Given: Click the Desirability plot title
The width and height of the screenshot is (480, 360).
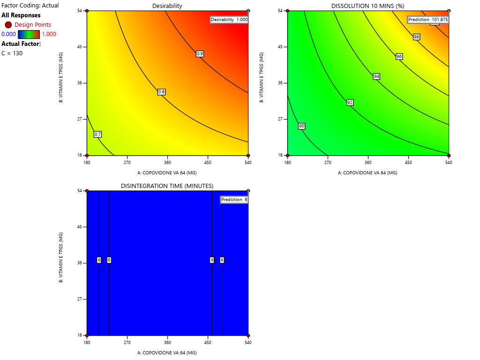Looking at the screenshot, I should (167, 6).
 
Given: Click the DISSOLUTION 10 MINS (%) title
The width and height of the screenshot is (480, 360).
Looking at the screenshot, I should (367, 6).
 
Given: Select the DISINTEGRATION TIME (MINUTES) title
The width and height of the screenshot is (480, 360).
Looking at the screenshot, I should (167, 186).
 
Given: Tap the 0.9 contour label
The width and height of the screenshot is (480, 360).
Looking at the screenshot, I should (200, 54).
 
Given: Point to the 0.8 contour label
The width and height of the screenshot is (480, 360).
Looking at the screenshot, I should (161, 92).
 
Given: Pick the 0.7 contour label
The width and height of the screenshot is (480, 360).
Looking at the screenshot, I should (98, 135).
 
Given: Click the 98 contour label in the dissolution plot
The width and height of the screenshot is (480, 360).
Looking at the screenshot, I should (416, 37).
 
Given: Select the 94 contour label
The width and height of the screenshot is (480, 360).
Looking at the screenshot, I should (376, 76).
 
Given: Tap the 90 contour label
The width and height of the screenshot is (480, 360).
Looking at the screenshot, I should (301, 126).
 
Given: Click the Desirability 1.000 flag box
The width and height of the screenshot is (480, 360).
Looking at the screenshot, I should (229, 20).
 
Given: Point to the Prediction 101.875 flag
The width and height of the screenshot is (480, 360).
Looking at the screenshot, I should (428, 20).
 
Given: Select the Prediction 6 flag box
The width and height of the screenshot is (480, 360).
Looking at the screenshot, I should (234, 200).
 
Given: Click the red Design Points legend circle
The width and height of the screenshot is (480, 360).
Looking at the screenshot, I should (8, 24).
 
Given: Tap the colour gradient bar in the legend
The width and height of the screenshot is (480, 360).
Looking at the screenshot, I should (29, 34).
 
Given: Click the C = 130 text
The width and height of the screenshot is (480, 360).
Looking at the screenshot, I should (12, 53).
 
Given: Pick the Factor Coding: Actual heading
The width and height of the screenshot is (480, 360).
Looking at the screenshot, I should (30, 6).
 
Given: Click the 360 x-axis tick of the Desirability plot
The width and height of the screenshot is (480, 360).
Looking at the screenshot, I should (167, 163).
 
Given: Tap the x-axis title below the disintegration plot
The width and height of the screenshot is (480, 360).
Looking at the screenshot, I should (167, 352).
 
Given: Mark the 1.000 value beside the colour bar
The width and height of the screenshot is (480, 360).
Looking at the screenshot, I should (49, 34).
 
